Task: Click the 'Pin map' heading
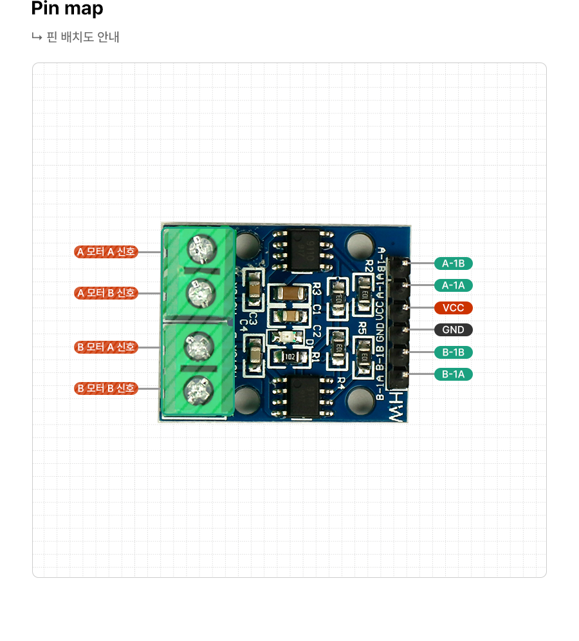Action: pos(67,9)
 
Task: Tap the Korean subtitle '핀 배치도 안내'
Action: pos(82,37)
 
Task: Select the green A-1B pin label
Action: pos(454,263)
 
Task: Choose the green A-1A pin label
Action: pos(454,285)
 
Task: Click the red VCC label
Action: pos(454,307)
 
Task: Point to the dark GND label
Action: pos(454,330)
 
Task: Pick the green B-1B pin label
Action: pos(454,352)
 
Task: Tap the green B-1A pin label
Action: pos(454,374)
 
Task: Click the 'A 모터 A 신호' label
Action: pos(106,251)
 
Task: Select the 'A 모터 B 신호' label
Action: pos(106,293)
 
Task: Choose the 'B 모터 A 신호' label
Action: pos(106,347)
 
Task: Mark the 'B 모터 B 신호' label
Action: pos(106,388)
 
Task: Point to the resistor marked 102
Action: pos(289,356)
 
